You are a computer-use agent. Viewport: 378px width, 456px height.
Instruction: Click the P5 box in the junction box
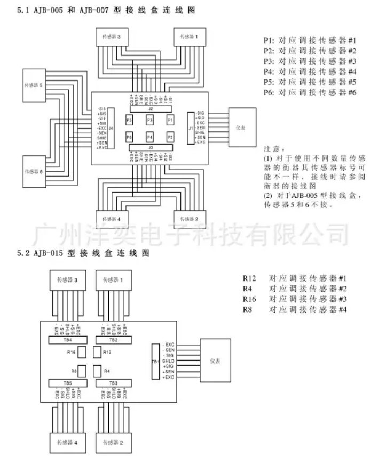(x=129, y=121)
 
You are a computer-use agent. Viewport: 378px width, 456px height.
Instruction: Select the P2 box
(x=170, y=138)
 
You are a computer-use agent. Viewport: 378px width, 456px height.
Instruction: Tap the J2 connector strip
(x=151, y=109)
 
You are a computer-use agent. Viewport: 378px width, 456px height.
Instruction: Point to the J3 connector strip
(x=151, y=147)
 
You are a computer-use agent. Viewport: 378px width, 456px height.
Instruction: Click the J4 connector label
(x=111, y=129)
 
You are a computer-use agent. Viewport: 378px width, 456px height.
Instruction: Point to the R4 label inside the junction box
(x=107, y=371)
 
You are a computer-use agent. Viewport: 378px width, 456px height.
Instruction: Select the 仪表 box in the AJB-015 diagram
(x=216, y=361)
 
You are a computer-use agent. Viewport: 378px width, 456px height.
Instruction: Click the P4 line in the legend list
(x=310, y=71)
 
